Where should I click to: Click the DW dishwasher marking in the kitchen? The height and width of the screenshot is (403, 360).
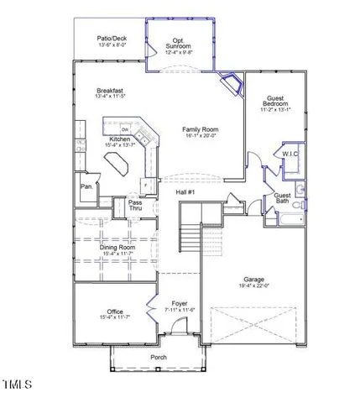tap(112, 129)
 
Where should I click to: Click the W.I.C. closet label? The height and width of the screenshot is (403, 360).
tap(290, 154)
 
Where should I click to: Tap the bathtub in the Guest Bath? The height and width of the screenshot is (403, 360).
tap(291, 220)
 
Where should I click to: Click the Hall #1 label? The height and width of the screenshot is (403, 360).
tap(185, 192)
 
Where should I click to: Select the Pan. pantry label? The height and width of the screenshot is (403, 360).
tap(86, 187)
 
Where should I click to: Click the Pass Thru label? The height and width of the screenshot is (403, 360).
tap(135, 206)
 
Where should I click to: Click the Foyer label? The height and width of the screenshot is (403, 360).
tap(180, 303)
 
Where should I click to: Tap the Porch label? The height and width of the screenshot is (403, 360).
tap(158, 358)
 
